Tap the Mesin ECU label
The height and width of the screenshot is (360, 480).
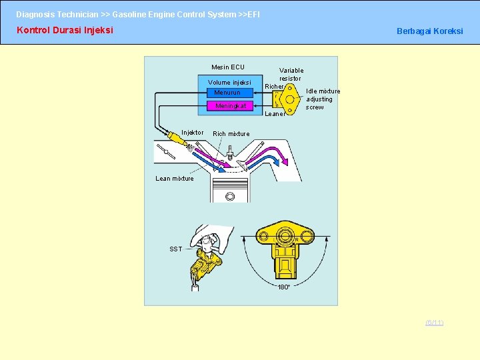[228, 67]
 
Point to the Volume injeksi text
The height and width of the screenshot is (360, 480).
[229, 83]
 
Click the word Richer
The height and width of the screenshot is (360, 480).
[274, 87]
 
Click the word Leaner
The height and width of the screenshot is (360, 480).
[275, 113]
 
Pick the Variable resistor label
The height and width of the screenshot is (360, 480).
[291, 74]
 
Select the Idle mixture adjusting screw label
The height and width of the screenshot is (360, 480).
[323, 99]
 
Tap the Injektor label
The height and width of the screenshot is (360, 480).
[193, 133]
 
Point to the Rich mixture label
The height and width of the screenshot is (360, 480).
[231, 134]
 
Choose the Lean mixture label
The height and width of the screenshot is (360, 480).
[175, 179]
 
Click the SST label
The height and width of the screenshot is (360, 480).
[175, 249]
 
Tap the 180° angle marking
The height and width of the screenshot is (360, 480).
[284, 287]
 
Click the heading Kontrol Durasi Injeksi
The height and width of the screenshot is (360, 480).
[65, 30]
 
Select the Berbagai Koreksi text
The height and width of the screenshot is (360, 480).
[429, 31]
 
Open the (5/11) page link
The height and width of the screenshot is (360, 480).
[434, 323]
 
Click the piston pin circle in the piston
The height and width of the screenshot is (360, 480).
[230, 197]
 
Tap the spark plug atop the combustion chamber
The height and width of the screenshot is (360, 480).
[230, 157]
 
